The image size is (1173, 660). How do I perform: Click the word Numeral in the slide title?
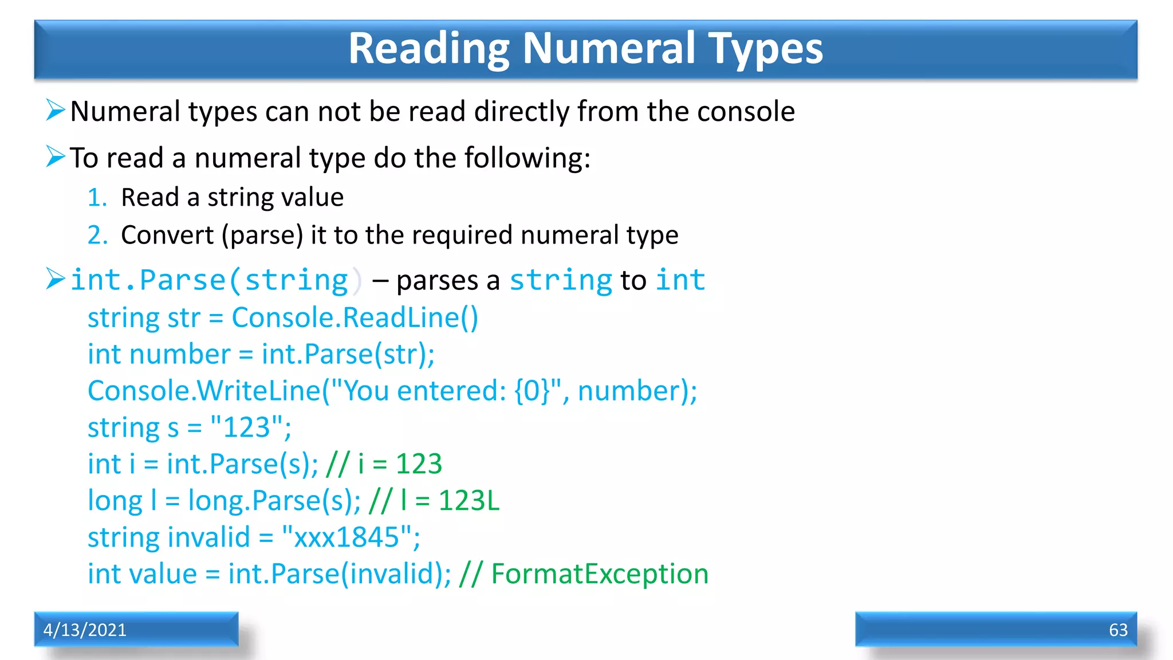[609, 48]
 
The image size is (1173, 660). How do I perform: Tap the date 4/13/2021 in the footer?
[85, 630]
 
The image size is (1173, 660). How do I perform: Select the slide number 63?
[1118, 630]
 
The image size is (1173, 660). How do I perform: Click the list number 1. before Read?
[97, 198]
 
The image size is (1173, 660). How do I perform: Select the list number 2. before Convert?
[97, 235]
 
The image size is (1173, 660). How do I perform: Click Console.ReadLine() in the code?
[355, 318]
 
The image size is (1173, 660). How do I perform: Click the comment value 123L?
[469, 501]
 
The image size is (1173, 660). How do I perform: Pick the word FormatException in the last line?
[600, 574]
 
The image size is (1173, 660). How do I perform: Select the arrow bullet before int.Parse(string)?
[56, 279]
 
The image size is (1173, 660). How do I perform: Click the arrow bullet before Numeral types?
[56, 110]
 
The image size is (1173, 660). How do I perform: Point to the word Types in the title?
[766, 48]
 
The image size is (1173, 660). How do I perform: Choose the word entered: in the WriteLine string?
[452, 391]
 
